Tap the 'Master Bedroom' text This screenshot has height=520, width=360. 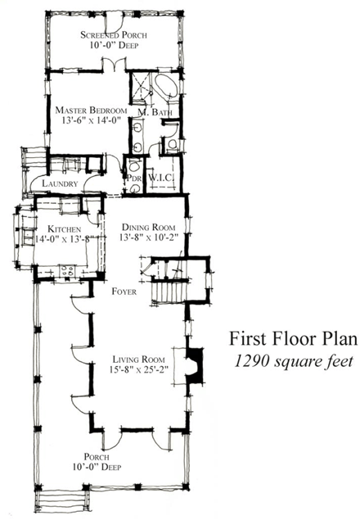coord(90,110)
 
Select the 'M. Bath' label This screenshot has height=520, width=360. coord(153,111)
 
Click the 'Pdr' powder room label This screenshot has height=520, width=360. coord(133,179)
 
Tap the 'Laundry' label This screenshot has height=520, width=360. coord(58,185)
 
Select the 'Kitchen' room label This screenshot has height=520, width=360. coord(63,228)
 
